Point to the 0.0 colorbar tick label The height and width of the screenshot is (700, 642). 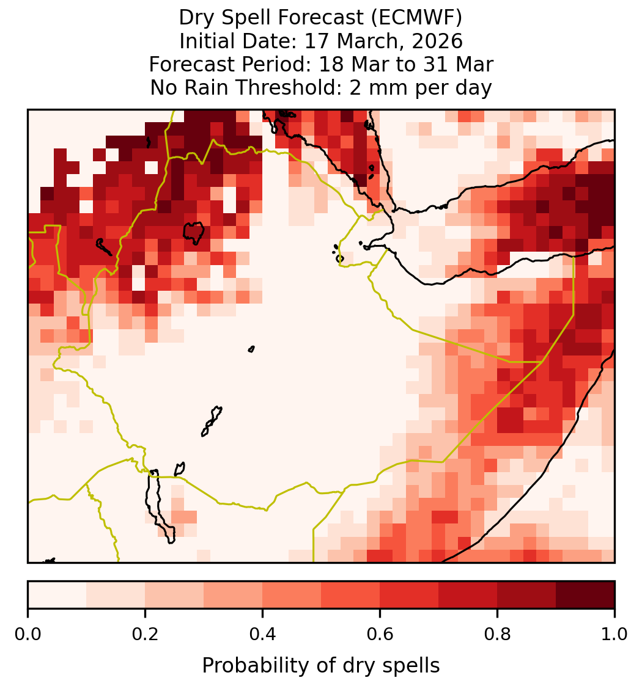click(28, 634)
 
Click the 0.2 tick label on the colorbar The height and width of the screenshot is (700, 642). click(145, 634)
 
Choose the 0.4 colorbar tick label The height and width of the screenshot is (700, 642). click(263, 634)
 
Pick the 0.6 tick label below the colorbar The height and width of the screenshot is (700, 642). click(380, 634)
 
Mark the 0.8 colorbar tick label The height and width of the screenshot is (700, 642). click(497, 634)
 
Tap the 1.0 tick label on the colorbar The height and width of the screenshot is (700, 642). click(614, 634)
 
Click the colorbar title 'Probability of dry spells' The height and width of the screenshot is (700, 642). click(321, 666)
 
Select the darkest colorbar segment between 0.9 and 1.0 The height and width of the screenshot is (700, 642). click(585, 595)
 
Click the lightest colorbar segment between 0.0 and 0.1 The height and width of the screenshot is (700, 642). click(57, 595)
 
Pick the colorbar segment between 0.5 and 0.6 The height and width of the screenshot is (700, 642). click(351, 595)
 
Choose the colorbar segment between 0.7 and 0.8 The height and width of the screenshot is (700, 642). click(468, 595)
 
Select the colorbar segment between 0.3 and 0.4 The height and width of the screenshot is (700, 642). click(233, 595)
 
